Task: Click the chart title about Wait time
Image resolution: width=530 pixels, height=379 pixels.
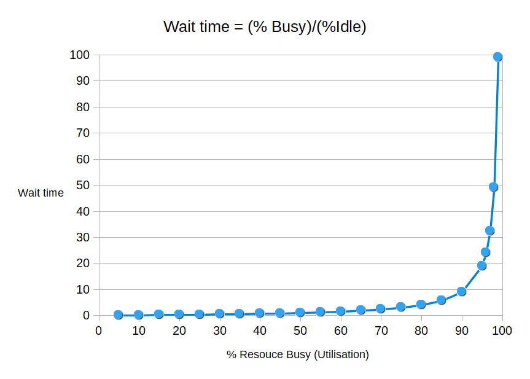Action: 265,26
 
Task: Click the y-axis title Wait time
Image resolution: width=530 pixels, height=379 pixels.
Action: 41,193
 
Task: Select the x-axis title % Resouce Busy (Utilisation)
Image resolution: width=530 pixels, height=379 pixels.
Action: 297,354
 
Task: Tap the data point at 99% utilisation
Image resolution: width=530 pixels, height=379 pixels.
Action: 497,57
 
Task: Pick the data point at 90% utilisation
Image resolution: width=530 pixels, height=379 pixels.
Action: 461,291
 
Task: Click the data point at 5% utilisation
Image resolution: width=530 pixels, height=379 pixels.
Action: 119,315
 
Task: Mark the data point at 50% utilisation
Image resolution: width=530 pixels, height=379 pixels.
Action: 300,313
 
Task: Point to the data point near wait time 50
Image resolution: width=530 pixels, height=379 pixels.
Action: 494,187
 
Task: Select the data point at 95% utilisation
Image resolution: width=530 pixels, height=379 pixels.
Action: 481,266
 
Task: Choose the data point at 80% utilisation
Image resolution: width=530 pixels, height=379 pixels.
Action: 421,304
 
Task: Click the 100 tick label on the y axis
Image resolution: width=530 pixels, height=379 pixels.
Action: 79,55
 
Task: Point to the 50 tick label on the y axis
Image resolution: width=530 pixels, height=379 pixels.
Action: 83,186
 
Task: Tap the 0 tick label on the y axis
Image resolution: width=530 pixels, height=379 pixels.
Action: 86,316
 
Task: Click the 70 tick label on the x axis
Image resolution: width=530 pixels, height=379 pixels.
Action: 381,330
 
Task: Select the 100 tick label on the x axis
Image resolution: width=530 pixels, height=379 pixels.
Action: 502,330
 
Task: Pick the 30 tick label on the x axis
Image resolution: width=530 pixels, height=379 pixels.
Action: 219,330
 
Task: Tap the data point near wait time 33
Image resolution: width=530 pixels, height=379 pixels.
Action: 490,230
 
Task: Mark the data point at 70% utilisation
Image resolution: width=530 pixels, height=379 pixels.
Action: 381,308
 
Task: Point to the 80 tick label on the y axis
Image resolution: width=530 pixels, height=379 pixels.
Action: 83,107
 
